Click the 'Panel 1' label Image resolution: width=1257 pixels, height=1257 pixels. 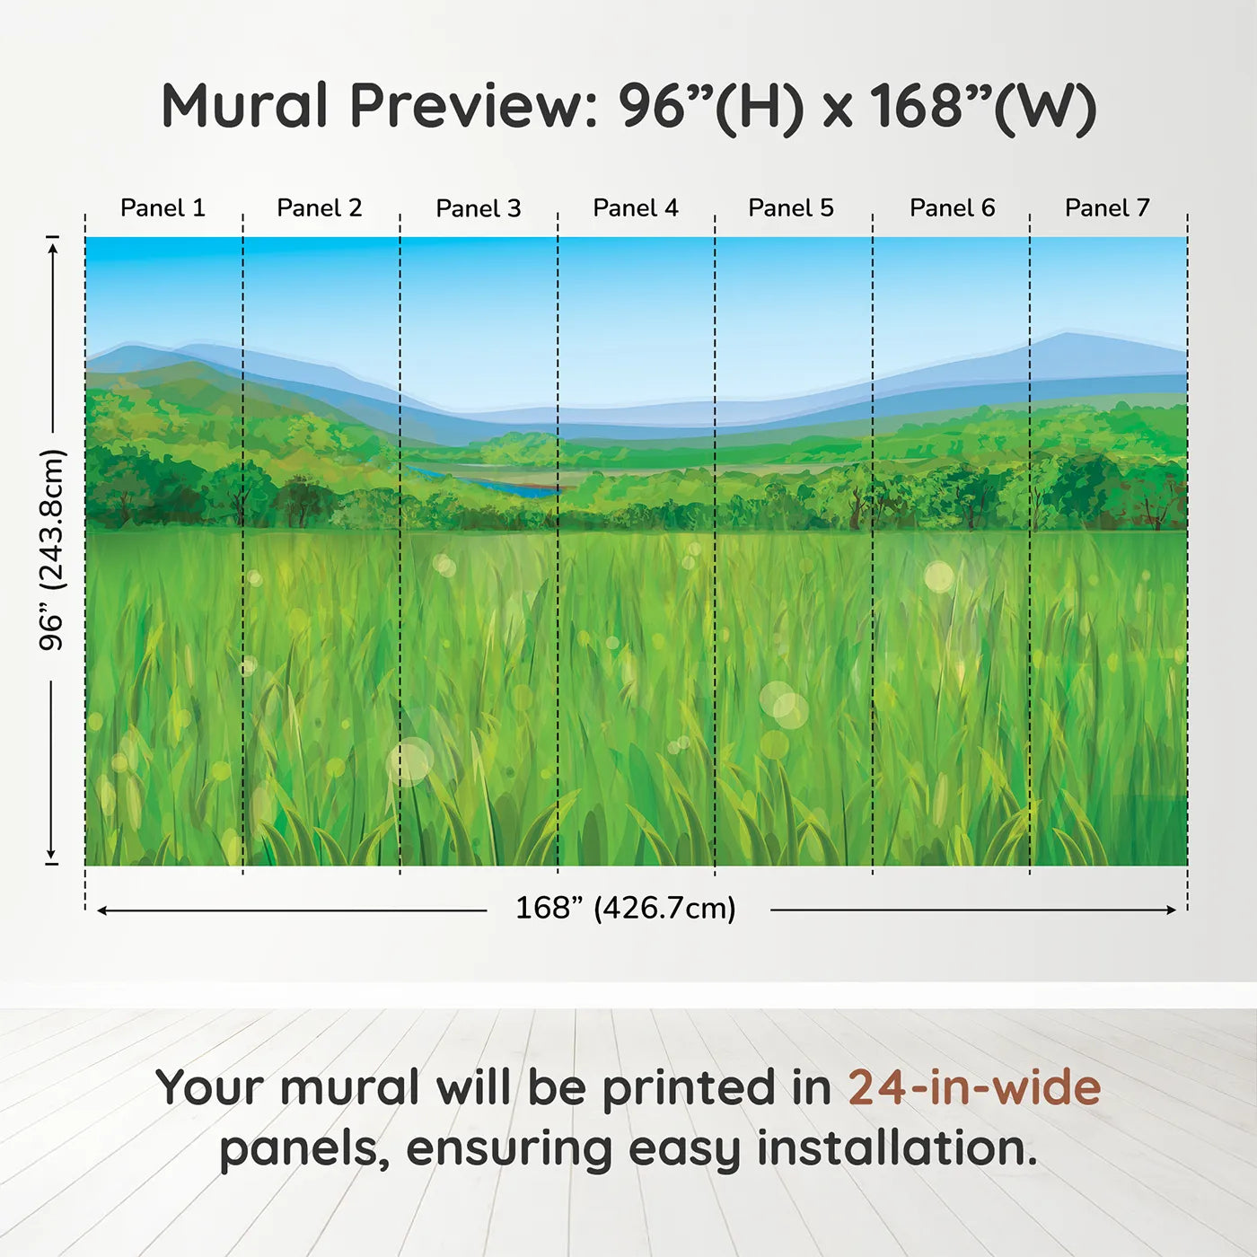(x=163, y=208)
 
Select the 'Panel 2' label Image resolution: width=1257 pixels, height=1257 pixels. (x=320, y=208)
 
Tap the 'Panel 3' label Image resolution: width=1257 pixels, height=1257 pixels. (x=478, y=208)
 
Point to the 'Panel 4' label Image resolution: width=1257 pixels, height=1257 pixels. (x=636, y=208)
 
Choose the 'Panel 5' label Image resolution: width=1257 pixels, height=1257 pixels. (x=791, y=208)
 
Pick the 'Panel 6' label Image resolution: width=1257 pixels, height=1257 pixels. (x=952, y=208)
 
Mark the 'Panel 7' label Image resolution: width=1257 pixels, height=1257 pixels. (x=1107, y=208)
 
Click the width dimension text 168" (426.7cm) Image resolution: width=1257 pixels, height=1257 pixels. (x=626, y=909)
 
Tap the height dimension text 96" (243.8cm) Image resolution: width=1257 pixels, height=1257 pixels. (x=52, y=549)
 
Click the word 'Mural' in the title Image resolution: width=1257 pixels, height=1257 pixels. (x=244, y=106)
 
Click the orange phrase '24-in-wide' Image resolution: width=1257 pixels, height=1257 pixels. (x=974, y=1087)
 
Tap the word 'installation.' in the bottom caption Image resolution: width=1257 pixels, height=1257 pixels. (x=897, y=1148)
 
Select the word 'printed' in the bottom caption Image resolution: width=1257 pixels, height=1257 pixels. (x=690, y=1087)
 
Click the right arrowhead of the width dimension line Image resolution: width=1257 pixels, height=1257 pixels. (x=1171, y=910)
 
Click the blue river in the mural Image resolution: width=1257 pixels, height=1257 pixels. (x=521, y=488)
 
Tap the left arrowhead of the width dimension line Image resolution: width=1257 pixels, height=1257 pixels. (x=102, y=910)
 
